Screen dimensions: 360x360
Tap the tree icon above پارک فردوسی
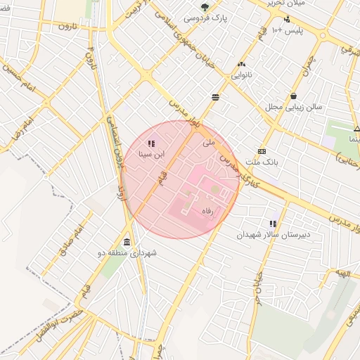tap(205, 6)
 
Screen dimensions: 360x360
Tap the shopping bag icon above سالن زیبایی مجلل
tap(292, 96)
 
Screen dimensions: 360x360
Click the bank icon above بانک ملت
tap(262, 151)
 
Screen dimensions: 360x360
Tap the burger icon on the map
tap(214, 97)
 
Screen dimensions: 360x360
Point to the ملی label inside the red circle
tap(207, 143)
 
